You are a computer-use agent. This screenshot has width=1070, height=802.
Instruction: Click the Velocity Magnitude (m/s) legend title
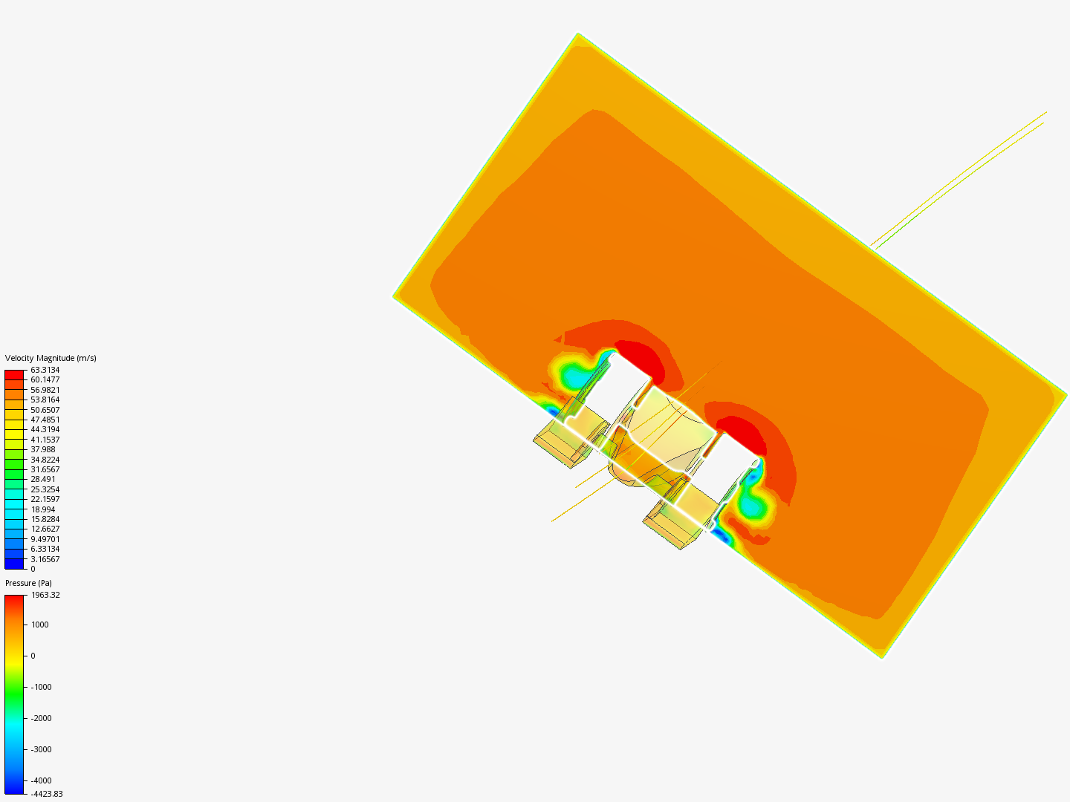51,358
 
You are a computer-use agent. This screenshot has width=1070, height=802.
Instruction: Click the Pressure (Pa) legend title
28,583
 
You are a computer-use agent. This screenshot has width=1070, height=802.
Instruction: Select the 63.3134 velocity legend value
45,370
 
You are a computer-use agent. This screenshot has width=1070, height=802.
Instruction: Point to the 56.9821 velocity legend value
45,390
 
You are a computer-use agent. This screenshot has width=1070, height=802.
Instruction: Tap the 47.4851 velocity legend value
45,420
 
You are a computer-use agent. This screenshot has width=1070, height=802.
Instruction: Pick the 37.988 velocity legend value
43,449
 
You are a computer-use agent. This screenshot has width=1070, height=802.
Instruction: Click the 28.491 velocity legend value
43,479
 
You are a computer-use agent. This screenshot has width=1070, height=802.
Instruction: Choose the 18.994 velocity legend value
43,509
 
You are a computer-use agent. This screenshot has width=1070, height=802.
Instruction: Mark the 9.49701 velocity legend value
45,539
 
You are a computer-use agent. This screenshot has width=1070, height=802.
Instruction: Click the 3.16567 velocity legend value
45,559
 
